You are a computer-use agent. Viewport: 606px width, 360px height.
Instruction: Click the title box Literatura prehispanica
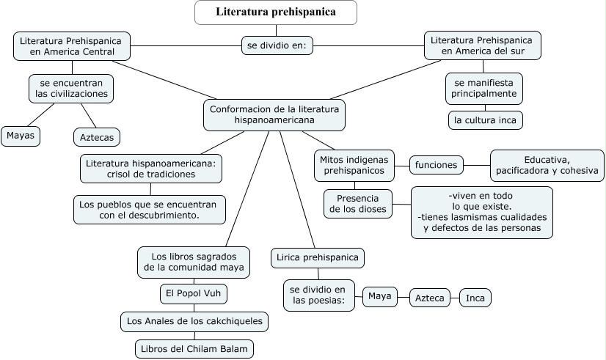point(276,12)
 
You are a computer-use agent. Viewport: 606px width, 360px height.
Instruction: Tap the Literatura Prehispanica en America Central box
point(71,45)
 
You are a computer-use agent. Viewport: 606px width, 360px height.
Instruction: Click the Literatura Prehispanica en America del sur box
point(482,45)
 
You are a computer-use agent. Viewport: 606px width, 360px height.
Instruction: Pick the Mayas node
point(21,136)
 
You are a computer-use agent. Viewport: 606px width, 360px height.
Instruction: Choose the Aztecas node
point(96,136)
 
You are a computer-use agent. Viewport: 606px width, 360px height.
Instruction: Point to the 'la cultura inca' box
point(485,120)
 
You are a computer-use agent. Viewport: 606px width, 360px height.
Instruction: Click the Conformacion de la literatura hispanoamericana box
point(274,114)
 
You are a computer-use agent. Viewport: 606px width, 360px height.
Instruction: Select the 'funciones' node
point(436,165)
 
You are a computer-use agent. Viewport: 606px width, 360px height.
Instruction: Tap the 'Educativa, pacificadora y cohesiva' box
point(547,166)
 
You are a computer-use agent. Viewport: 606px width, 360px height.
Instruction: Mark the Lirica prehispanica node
point(318,257)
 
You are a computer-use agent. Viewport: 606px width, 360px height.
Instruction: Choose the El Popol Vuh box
point(194,294)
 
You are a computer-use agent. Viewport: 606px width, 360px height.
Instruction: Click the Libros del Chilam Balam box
point(194,348)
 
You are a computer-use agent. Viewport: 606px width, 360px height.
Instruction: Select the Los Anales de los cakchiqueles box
point(194,321)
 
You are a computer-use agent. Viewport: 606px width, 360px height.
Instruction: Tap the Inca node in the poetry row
point(475,298)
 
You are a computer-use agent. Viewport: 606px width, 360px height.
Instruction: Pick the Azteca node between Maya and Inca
point(429,298)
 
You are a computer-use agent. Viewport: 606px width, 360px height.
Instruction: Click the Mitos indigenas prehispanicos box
point(354,165)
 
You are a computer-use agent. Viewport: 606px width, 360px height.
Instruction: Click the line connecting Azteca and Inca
point(455,298)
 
